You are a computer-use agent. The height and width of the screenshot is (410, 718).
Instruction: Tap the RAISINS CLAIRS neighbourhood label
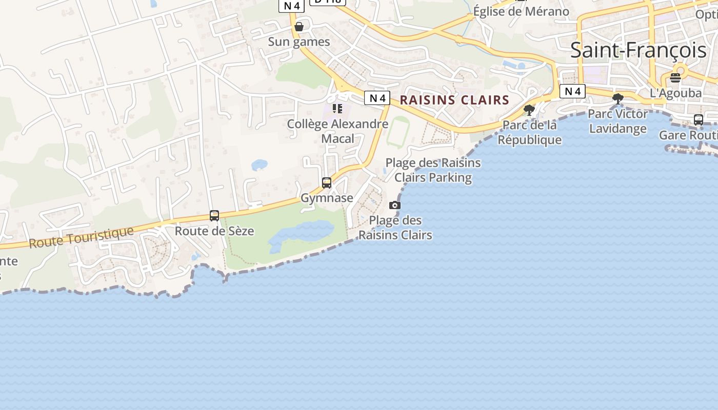pyautogui.click(x=454, y=100)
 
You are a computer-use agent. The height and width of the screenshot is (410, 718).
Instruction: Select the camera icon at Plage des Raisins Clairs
pyautogui.click(x=394, y=205)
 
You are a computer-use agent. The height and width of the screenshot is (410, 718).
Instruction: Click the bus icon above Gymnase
pyautogui.click(x=327, y=182)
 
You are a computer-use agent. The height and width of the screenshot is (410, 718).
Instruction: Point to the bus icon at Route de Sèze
pyautogui.click(x=214, y=216)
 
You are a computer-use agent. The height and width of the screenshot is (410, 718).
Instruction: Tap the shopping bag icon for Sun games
pyautogui.click(x=299, y=26)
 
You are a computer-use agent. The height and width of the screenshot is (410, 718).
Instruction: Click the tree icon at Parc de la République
pyautogui.click(x=529, y=110)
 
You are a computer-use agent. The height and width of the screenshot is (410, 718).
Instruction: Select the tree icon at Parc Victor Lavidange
pyautogui.click(x=618, y=98)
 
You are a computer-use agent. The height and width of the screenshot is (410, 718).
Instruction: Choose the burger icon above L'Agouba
pyautogui.click(x=675, y=78)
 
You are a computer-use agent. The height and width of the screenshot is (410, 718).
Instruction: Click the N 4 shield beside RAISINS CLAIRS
pyautogui.click(x=377, y=98)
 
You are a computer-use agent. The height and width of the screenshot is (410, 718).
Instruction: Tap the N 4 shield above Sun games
pyautogui.click(x=291, y=6)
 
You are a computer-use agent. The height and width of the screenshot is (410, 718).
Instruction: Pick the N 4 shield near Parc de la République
pyautogui.click(x=572, y=91)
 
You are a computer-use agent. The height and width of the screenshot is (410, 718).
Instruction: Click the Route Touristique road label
pyautogui.click(x=81, y=237)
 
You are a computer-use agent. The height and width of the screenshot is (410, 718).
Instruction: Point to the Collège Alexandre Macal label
pyautogui.click(x=337, y=131)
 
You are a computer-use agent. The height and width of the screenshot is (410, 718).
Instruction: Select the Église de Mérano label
pyautogui.click(x=521, y=11)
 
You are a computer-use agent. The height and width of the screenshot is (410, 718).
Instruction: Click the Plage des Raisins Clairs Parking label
pyautogui.click(x=433, y=170)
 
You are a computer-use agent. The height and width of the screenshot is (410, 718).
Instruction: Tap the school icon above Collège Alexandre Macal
pyautogui.click(x=337, y=108)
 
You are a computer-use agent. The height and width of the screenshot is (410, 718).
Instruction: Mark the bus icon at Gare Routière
pyautogui.click(x=698, y=120)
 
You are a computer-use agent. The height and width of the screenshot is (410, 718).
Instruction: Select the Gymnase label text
pyautogui.click(x=327, y=198)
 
